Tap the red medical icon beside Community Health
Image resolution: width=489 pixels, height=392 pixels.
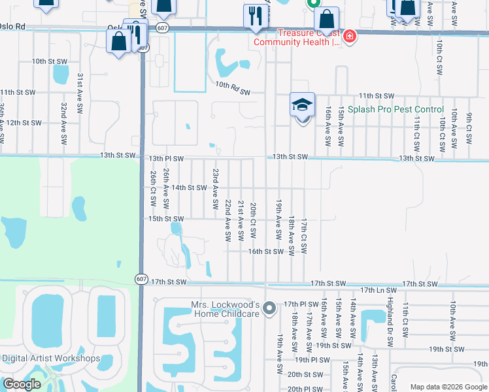pyautogui.click(x=350, y=35)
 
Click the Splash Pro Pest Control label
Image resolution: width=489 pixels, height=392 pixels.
pyautogui.click(x=396, y=109)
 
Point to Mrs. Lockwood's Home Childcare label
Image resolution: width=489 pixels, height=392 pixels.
pyautogui.click(x=226, y=309)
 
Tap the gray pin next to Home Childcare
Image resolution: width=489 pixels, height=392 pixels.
pyautogui.click(x=267, y=313)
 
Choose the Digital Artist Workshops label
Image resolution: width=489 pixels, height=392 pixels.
pyautogui.click(x=51, y=358)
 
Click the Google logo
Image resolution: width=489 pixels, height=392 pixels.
pyautogui.click(x=21, y=384)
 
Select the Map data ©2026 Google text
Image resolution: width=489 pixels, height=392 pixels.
pyautogui.click(x=448, y=387)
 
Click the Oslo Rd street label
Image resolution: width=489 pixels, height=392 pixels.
pyautogui.click(x=15, y=27)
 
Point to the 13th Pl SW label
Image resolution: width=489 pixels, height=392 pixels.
pyautogui.click(x=166, y=158)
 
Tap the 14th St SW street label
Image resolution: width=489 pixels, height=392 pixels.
pyautogui.click(x=188, y=188)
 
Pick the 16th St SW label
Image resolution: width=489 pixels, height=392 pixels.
pyautogui.click(x=265, y=251)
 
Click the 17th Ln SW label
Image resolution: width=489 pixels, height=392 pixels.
pyautogui.click(x=379, y=289)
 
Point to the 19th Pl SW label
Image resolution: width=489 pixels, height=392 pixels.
pyautogui.click(x=312, y=359)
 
